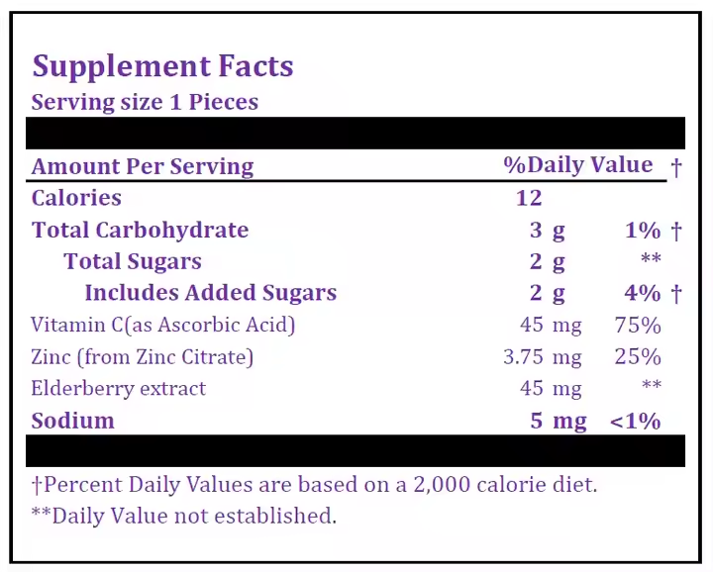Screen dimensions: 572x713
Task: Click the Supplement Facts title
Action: [162, 66]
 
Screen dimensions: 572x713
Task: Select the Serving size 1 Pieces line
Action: [145, 102]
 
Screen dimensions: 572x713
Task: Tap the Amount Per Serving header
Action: [143, 166]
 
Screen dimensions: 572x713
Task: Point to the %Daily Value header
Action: [578, 165]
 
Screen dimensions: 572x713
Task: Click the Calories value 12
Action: [529, 198]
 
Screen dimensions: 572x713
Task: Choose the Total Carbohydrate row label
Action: [140, 231]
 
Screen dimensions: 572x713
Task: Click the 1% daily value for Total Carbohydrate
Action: [643, 231]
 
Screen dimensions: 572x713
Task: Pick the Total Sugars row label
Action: [133, 262]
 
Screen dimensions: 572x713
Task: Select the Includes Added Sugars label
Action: [210, 293]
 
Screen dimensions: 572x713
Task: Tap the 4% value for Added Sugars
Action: [643, 293]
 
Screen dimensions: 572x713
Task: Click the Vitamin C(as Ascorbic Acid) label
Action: [163, 325]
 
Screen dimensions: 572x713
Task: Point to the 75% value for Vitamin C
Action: [638, 325]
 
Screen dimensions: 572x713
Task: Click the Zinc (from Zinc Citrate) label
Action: [142, 356]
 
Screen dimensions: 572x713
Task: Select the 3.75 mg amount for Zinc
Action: [542, 356]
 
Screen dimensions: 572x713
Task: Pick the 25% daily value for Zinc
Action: [638, 356]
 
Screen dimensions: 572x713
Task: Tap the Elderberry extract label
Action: [119, 388]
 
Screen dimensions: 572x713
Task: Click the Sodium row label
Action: [73, 421]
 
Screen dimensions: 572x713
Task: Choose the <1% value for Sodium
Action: [635, 421]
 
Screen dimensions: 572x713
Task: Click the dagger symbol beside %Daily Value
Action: [676, 166]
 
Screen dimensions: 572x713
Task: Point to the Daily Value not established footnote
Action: [184, 516]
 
